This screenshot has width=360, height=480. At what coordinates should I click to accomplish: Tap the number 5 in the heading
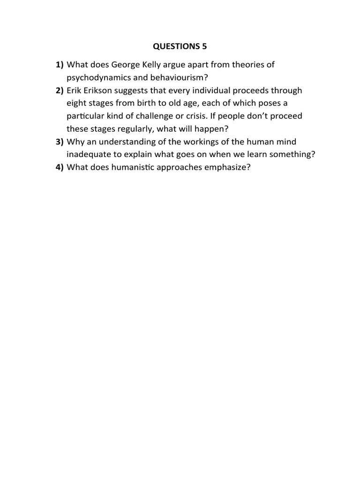203,46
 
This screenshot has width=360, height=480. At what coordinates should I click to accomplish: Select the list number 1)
60,64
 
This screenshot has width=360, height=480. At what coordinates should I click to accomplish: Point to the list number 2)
60,90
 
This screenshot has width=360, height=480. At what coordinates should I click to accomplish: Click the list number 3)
60,142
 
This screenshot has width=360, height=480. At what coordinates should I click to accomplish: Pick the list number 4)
60,167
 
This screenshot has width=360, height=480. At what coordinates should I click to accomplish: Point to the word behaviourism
177,77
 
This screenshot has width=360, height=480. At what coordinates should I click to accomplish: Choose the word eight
76,103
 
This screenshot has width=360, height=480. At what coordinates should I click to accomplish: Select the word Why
75,142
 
